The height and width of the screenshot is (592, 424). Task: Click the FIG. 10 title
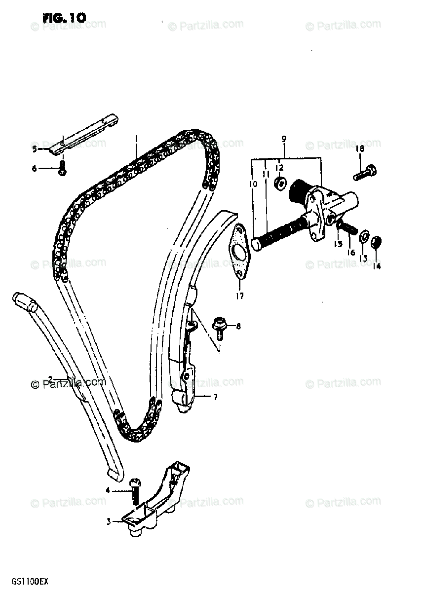(x=64, y=17)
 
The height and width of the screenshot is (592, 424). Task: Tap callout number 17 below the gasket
(x=240, y=296)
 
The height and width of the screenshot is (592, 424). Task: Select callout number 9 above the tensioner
(x=283, y=140)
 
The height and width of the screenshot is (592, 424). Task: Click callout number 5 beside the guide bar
(x=35, y=148)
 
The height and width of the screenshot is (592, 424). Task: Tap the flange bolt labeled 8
(x=218, y=326)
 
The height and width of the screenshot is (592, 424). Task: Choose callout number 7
(x=215, y=396)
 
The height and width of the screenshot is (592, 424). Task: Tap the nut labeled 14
(x=376, y=242)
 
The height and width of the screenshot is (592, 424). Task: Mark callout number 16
(x=351, y=253)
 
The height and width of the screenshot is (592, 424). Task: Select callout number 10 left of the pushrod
(x=254, y=185)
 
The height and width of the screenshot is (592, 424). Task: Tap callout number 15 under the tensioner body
(x=338, y=244)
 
